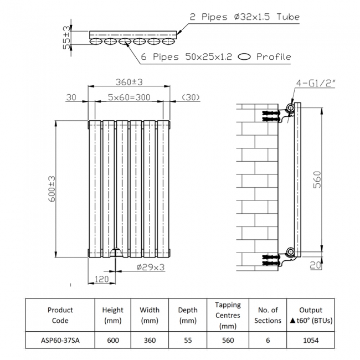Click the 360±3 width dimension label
(129, 82)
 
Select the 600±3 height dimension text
(51, 188)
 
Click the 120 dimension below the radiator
(101, 280)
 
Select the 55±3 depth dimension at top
(67, 37)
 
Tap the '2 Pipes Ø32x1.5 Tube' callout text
(244, 17)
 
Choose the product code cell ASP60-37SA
(60, 340)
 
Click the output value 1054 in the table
(310, 340)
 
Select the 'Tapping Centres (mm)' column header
(228, 315)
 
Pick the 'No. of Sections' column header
(268, 315)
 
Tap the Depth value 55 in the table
(188, 340)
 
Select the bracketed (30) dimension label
(190, 97)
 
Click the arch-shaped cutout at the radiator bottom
(115, 253)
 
